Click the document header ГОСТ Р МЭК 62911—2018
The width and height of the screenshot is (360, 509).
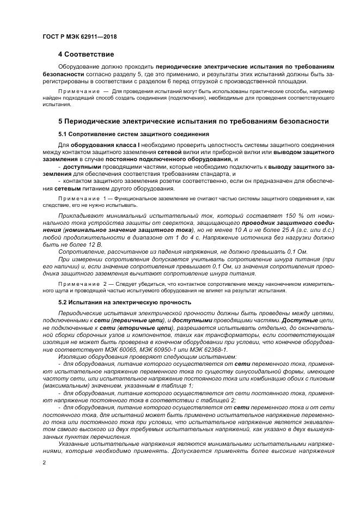(x=79, y=36)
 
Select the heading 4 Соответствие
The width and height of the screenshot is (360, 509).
(x=86, y=54)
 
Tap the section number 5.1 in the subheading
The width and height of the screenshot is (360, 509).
(x=63, y=134)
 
